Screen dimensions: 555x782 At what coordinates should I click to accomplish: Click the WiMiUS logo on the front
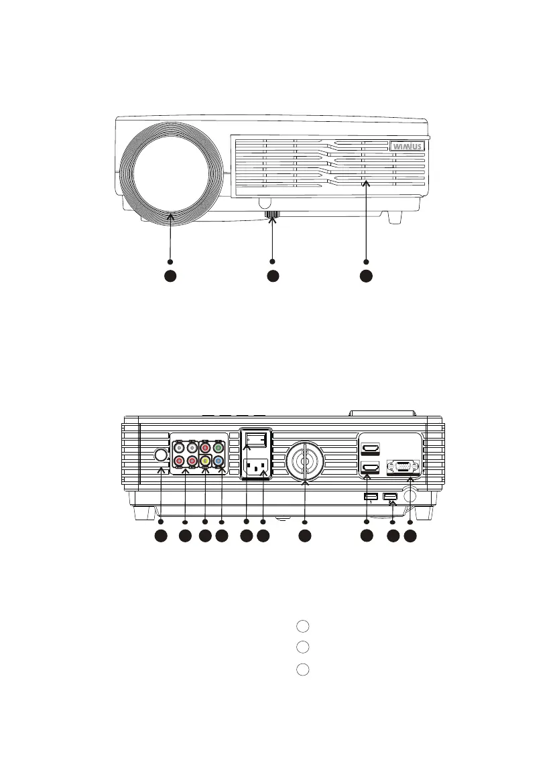coord(408,145)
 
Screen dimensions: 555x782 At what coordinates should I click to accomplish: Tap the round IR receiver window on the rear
coord(160,455)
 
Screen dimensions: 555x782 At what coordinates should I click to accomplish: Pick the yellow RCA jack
coord(205,461)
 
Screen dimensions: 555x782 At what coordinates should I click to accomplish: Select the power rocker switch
coord(257,440)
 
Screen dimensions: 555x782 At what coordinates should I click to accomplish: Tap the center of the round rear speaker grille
coord(305,461)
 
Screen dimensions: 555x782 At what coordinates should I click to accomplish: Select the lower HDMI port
coord(370,469)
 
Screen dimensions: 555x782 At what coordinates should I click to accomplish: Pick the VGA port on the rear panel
coord(402,467)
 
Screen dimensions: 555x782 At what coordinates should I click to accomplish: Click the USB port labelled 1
coord(369,497)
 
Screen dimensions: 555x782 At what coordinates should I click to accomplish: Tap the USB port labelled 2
coord(390,497)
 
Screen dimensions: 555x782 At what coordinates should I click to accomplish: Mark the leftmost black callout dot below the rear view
coord(161,536)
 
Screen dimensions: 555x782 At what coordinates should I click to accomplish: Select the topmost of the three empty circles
coord(302,626)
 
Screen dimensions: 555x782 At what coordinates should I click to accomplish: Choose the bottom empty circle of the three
coord(302,669)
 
